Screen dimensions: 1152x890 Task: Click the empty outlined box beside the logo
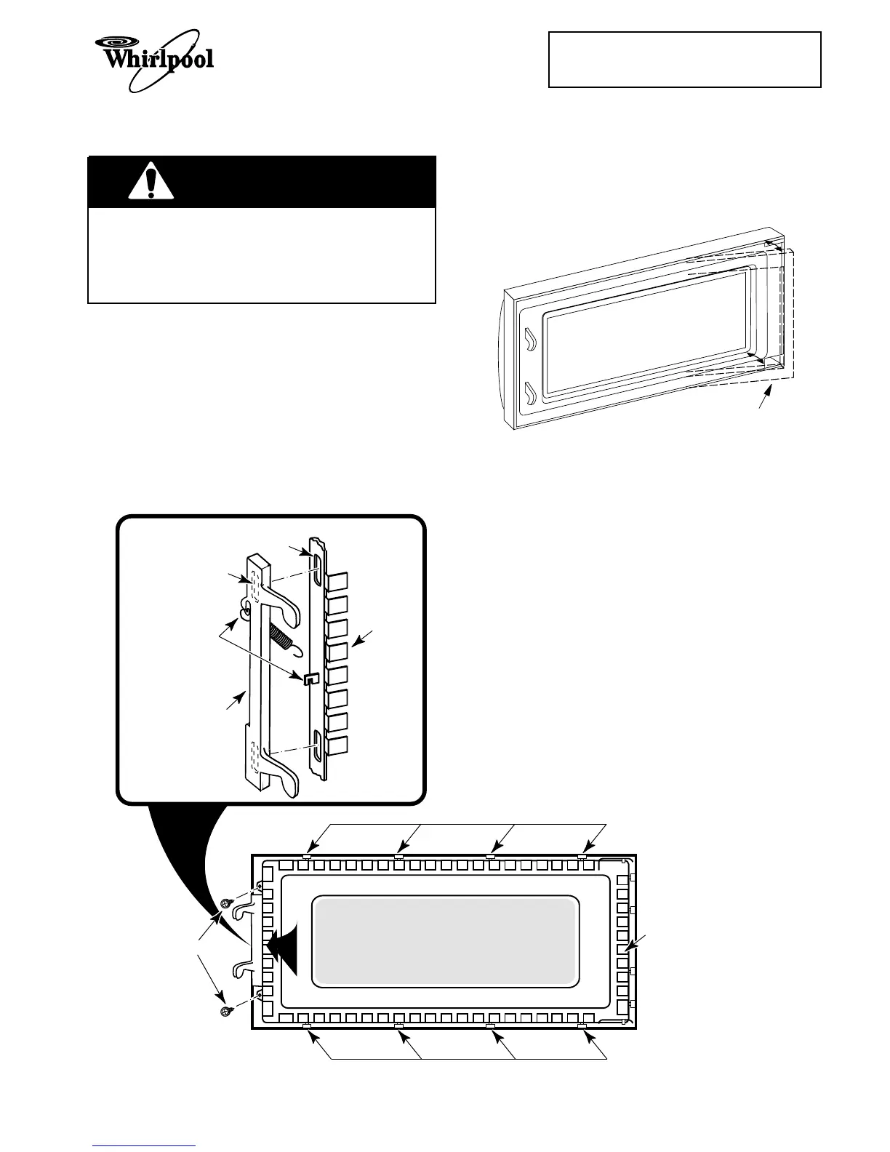tap(684, 60)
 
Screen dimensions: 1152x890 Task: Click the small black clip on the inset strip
tap(310, 679)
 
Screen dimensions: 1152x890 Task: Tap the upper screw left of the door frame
tap(226, 903)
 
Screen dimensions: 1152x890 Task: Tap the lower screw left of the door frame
tap(226, 1012)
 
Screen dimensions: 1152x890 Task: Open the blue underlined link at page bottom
tap(144, 1145)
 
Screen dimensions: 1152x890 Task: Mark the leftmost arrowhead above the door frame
tap(310, 847)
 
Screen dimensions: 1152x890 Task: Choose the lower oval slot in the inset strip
tap(318, 743)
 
